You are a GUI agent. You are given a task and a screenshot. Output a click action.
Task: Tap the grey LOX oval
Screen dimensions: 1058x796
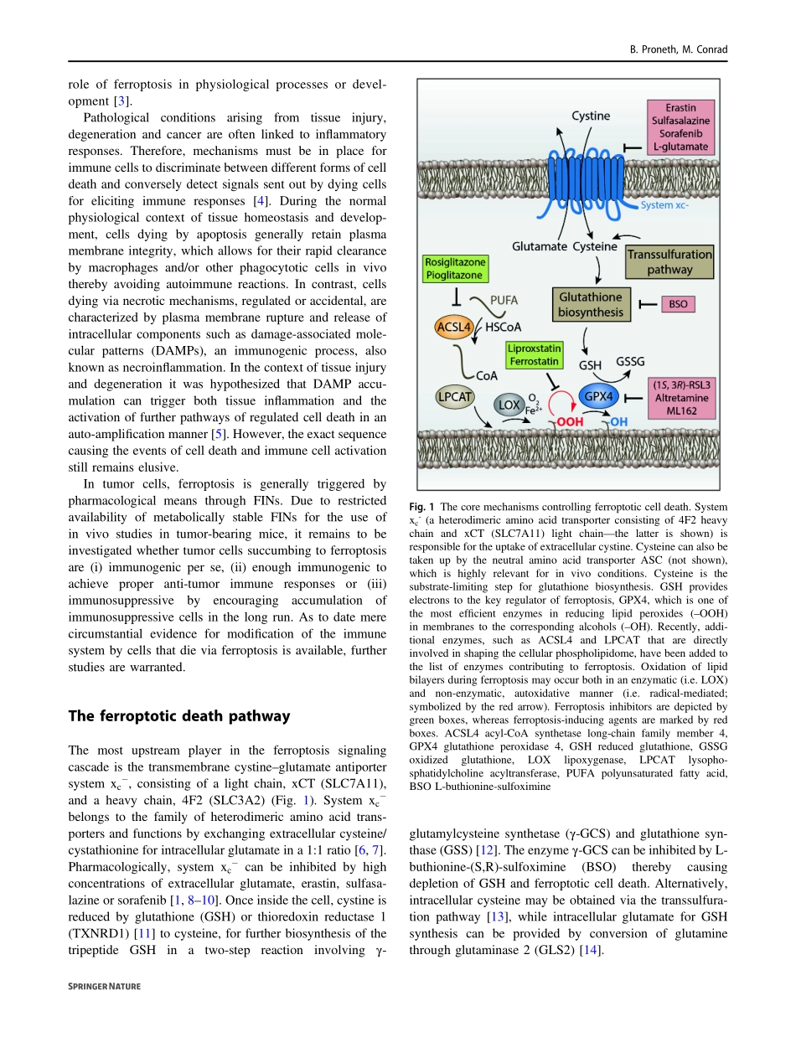(x=509, y=405)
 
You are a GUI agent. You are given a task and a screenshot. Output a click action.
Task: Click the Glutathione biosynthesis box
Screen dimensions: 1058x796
(x=591, y=305)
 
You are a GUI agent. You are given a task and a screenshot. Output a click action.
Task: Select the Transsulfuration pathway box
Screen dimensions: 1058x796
(x=669, y=261)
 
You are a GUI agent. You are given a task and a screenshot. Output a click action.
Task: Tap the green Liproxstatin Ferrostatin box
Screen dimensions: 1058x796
(x=533, y=354)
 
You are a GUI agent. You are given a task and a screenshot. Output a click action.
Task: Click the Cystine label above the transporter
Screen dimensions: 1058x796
(x=590, y=116)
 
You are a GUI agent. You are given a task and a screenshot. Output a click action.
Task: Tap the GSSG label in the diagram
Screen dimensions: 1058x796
(x=630, y=361)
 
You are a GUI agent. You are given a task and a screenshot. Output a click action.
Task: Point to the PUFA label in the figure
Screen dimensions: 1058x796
(x=503, y=297)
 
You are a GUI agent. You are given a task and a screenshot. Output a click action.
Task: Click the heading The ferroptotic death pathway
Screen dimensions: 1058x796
(x=179, y=715)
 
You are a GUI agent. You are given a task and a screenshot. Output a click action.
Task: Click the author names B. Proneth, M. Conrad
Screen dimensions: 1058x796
(x=679, y=49)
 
